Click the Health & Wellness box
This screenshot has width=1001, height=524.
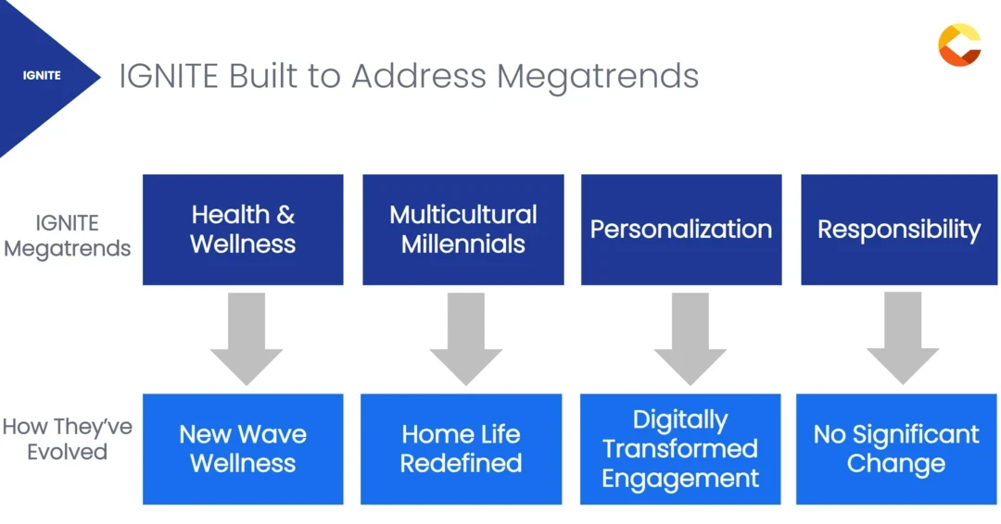[243, 230]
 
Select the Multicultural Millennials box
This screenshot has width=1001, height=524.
[462, 230]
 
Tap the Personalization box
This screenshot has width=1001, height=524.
[681, 230]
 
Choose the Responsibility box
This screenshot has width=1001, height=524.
[899, 230]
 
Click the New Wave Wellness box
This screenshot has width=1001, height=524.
[243, 449]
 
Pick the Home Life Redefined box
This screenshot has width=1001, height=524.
[461, 449]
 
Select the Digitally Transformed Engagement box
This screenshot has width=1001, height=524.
[680, 449]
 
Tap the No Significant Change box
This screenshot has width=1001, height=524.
[896, 449]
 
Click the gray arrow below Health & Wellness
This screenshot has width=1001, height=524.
[247, 338]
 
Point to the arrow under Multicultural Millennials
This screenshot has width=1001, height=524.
[466, 338]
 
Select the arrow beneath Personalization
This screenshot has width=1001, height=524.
[691, 338]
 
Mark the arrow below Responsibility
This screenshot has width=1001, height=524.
[903, 338]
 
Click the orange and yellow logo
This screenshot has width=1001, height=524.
[959, 44]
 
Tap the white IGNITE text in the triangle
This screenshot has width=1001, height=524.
[42, 75]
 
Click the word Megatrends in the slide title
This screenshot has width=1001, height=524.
[598, 77]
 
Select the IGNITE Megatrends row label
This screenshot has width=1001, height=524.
[67, 235]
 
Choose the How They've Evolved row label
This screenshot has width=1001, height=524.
[67, 439]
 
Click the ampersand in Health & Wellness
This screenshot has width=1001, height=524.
[285, 215]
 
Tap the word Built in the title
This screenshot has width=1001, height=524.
[263, 75]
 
